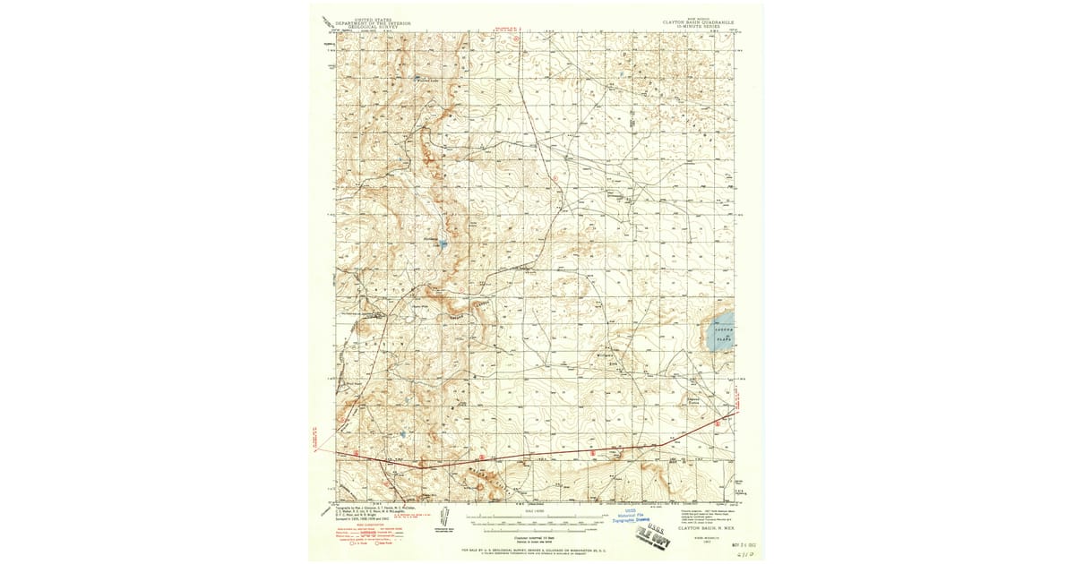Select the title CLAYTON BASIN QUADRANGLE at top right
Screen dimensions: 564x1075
pos(699,21)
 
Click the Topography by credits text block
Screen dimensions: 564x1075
pos(367,511)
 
